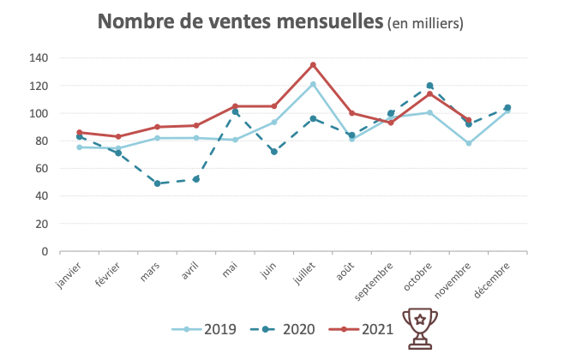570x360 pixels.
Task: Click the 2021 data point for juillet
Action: click(313, 64)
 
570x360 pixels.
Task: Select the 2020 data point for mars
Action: click(157, 183)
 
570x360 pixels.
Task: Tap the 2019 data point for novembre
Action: click(468, 143)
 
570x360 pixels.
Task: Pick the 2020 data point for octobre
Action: click(429, 86)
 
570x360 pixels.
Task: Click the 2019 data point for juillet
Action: click(313, 84)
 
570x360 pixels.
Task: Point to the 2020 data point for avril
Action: click(196, 179)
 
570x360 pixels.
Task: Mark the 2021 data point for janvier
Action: click(80, 132)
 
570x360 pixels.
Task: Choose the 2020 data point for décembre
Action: click(507, 107)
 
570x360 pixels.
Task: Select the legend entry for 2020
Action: click(286, 329)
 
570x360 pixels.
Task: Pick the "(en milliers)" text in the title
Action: click(426, 23)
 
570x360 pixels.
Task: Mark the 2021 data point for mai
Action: click(235, 106)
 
